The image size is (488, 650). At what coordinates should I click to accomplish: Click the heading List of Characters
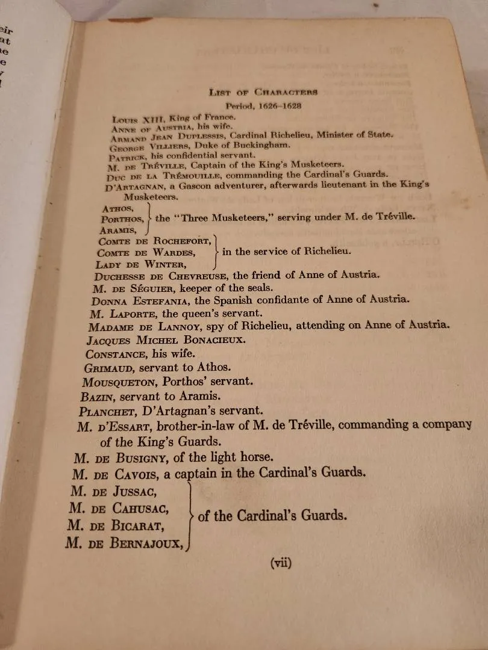click(263, 92)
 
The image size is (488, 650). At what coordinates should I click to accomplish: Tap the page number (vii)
click(281, 563)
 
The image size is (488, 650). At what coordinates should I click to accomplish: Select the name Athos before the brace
click(118, 208)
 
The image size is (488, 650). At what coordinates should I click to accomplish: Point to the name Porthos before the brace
click(122, 219)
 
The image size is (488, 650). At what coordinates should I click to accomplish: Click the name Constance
click(115, 353)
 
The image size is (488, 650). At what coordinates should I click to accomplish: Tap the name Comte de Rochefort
click(154, 241)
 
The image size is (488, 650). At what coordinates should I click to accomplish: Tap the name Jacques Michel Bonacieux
click(170, 340)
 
